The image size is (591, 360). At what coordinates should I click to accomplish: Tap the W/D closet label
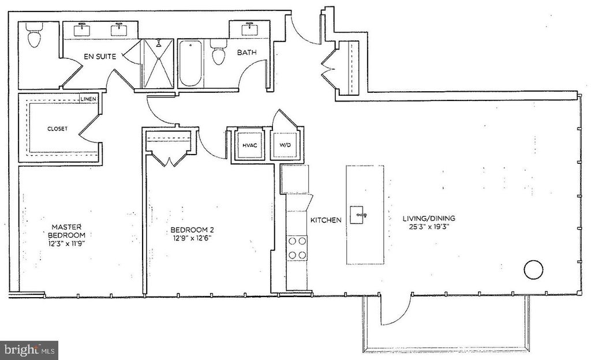tap(285, 145)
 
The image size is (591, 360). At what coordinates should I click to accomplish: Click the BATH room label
tap(246, 52)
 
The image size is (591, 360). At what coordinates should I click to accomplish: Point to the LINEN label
tap(88, 99)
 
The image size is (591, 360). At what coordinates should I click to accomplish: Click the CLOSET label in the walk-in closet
tap(57, 129)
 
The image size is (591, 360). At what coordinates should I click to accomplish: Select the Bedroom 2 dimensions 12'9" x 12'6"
tap(194, 238)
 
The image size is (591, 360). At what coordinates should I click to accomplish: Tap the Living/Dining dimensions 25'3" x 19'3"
tap(429, 227)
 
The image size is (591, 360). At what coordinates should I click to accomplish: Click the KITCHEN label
tap(326, 220)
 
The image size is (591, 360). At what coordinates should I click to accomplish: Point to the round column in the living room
tap(533, 269)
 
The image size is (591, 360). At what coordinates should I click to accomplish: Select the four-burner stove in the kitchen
tap(297, 248)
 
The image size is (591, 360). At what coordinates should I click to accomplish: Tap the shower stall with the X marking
tap(157, 63)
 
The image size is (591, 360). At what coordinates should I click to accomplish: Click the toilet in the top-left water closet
tap(35, 37)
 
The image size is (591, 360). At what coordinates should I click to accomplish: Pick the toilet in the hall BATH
tap(218, 54)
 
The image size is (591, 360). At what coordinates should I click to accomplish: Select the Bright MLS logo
tap(29, 350)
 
